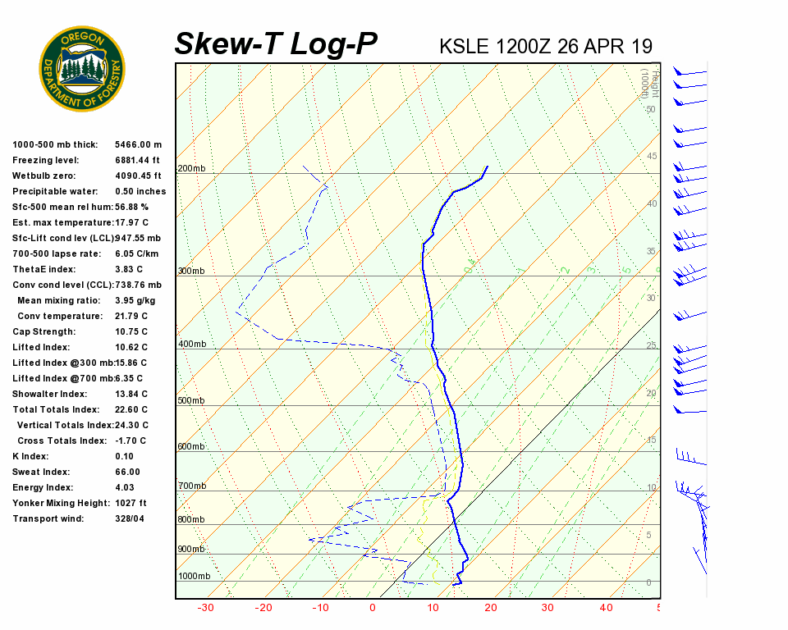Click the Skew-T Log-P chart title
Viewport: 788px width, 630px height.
tap(276, 44)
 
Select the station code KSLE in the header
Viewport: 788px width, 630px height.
tap(464, 46)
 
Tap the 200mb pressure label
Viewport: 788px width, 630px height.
tap(191, 169)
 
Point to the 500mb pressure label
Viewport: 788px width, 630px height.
tap(191, 400)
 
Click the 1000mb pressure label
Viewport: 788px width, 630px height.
tap(194, 576)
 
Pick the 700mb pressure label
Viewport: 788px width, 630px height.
tap(191, 486)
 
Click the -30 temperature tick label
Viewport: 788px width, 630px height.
tap(205, 608)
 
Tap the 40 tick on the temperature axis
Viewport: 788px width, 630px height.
tap(606, 608)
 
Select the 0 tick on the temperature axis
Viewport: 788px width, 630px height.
tap(373, 608)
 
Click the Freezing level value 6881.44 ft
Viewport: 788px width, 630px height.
tap(138, 161)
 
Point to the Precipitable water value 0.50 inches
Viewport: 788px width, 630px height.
tap(140, 192)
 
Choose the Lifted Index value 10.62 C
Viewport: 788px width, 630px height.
tap(131, 348)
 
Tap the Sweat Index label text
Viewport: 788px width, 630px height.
tap(41, 472)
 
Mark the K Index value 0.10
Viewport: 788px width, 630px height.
tap(124, 457)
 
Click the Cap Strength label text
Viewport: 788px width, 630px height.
tap(44, 332)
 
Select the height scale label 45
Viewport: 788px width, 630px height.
tap(652, 157)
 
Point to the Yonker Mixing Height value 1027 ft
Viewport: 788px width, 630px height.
tap(131, 504)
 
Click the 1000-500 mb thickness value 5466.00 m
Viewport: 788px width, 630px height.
tap(139, 145)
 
